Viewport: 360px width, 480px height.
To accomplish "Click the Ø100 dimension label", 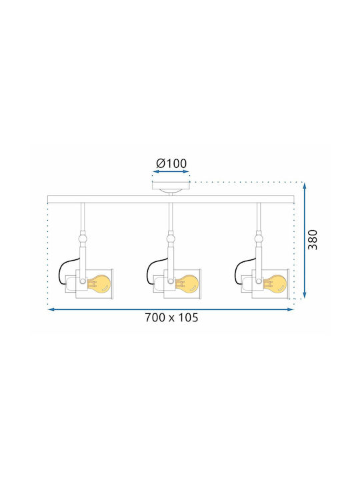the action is (x=171, y=163).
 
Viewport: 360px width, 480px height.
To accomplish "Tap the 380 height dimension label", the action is (x=313, y=240).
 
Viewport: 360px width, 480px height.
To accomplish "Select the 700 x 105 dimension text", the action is (x=171, y=317).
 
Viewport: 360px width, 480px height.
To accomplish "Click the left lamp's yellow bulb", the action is (x=99, y=283).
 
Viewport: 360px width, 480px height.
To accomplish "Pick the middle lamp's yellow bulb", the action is (x=187, y=283).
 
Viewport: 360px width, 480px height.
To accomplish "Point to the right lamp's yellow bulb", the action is (x=275, y=283).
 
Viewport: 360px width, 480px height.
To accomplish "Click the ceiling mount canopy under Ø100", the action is (x=171, y=187).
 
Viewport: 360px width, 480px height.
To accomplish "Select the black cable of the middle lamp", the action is (x=154, y=269).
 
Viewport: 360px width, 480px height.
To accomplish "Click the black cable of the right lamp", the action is (x=242, y=269).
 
